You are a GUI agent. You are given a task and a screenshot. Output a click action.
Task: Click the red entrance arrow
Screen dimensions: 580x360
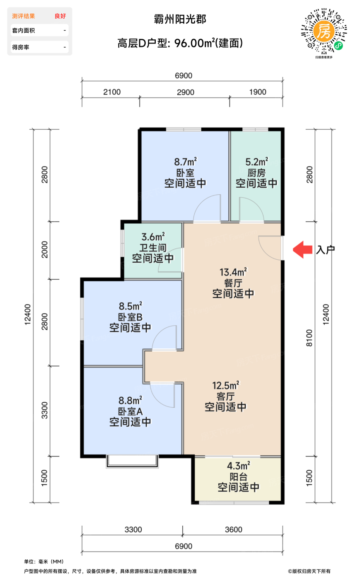click(x=302, y=250)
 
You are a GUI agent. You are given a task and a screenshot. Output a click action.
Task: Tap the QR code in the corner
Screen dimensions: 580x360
click(x=324, y=31)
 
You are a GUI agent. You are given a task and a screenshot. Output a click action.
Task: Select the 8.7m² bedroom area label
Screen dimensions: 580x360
click(x=185, y=162)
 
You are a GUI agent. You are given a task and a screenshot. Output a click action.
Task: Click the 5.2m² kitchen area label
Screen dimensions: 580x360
click(x=256, y=162)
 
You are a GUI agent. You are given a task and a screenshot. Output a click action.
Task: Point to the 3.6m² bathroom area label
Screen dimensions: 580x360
click(x=153, y=237)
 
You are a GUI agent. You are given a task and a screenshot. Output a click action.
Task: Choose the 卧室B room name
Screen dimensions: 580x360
click(x=130, y=317)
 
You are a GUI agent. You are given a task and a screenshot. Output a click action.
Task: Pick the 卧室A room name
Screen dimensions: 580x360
click(x=130, y=411)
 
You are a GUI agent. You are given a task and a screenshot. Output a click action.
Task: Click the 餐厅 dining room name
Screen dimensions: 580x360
click(x=233, y=283)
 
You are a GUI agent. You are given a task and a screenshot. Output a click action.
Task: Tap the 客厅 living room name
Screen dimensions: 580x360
click(x=225, y=396)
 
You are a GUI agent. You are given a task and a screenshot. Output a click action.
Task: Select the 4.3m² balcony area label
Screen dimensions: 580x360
click(x=238, y=466)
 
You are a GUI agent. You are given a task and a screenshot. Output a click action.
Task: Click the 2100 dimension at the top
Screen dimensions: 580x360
click(x=112, y=92)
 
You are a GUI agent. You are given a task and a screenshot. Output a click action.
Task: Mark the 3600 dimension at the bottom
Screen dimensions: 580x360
click(x=233, y=529)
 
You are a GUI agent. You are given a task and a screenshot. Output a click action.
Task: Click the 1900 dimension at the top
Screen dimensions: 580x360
click(x=258, y=92)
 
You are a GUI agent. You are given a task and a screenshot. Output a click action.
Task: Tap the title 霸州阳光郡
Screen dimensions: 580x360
click(x=180, y=19)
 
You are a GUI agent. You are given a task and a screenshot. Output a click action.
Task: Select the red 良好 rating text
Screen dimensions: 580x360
click(x=60, y=16)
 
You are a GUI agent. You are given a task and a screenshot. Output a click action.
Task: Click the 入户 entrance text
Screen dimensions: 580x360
click(x=325, y=250)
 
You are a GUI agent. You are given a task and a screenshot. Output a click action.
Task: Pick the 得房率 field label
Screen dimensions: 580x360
click(x=21, y=47)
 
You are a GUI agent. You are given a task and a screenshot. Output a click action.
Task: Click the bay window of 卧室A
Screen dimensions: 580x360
click(x=132, y=461)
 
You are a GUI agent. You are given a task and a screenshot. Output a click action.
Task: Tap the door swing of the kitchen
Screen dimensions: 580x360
click(x=251, y=209)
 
